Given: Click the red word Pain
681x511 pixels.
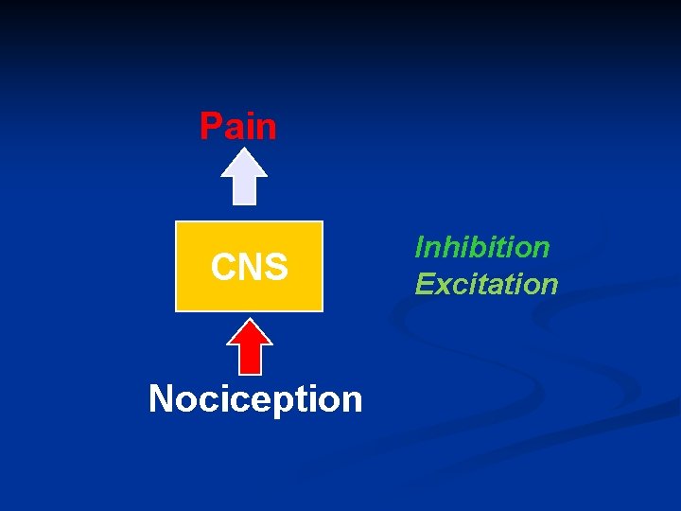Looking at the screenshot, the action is (238, 126).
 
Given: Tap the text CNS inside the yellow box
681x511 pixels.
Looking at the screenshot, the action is (250, 268).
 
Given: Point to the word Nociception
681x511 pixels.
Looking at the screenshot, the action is (255, 399).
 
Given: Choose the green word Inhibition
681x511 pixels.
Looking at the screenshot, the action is (482, 247).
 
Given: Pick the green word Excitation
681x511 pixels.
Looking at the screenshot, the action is (486, 284).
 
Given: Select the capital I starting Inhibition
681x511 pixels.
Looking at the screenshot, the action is (421, 247).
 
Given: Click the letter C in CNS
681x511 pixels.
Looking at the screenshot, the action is (224, 268).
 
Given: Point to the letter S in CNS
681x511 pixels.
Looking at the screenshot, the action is (276, 268).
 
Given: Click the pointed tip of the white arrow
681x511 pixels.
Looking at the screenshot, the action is (244, 152).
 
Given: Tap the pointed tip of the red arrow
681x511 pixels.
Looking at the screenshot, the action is (250, 320).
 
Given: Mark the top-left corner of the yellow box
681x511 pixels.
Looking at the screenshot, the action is (177, 222).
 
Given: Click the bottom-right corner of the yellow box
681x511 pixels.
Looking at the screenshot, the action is (322, 310).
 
